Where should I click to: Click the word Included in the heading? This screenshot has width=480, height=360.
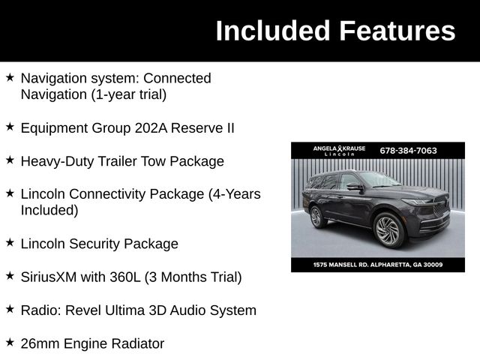(273, 31)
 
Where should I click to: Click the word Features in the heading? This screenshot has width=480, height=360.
(397, 31)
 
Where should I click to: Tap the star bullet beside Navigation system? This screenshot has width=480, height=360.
(10, 77)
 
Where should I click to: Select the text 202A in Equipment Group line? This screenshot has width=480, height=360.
(151, 127)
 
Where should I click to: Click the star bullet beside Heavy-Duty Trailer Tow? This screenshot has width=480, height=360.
(10, 160)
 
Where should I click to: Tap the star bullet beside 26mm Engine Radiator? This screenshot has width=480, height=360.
(10, 343)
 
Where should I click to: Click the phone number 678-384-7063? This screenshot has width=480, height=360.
(408, 150)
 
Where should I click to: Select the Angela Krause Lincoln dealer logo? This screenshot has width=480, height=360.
(339, 150)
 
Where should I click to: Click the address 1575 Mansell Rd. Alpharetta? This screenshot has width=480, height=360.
(378, 265)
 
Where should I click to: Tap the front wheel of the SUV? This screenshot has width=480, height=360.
(388, 230)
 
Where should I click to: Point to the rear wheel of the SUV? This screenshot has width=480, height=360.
(316, 217)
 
